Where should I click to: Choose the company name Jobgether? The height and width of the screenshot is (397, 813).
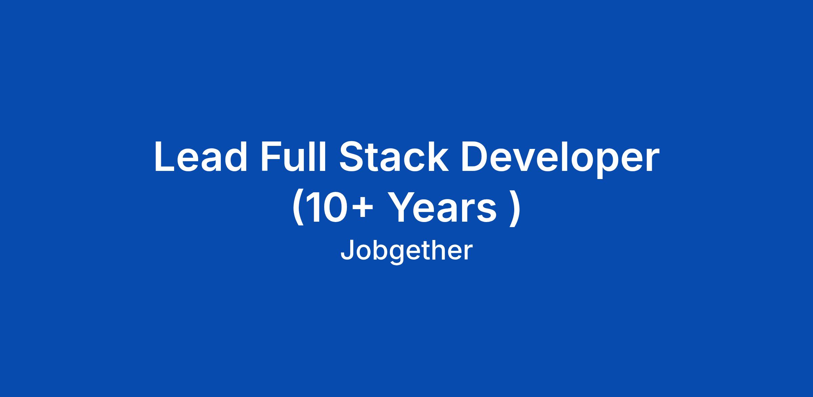[406, 251]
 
